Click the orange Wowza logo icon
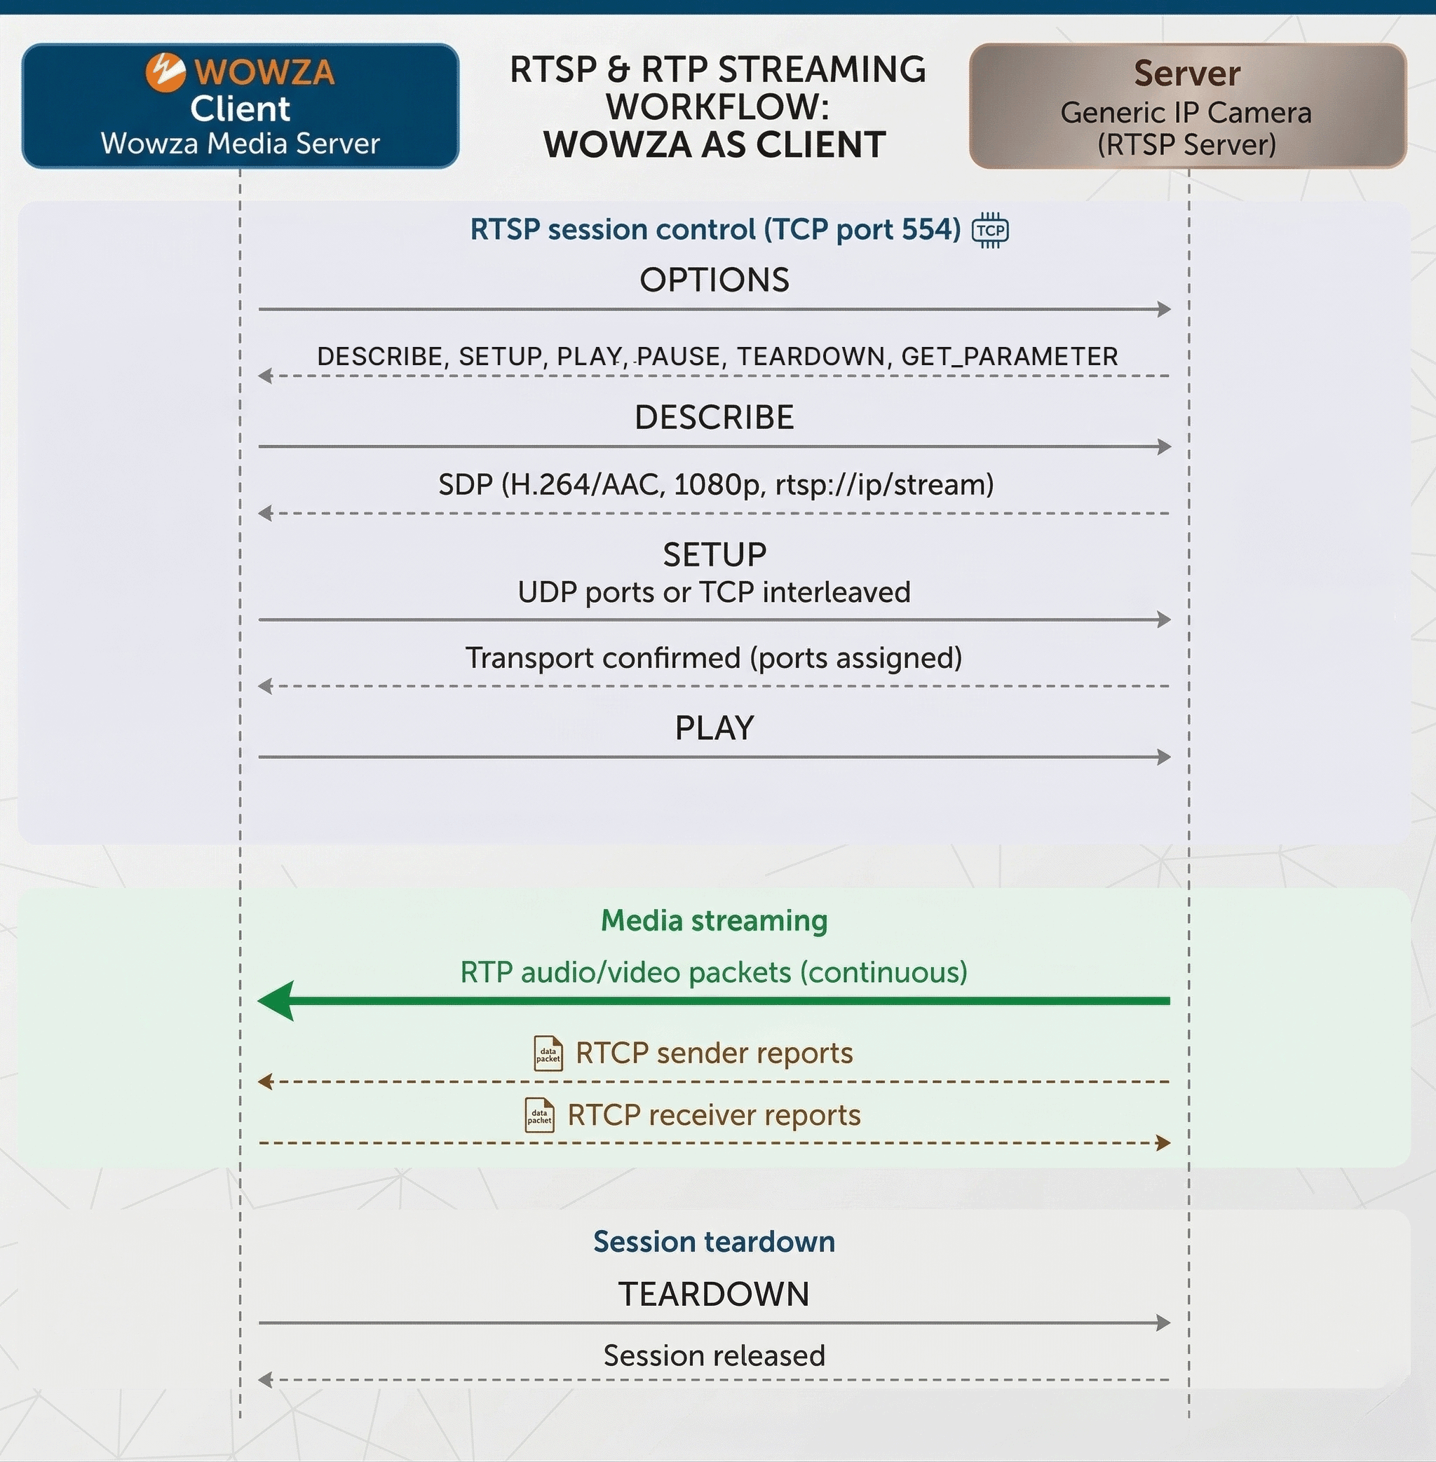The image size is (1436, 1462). coord(165,72)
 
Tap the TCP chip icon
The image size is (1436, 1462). coord(990,230)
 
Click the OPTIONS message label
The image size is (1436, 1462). coord(714,280)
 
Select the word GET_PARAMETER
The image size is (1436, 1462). coord(1009,356)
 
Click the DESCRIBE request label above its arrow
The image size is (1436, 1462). coord(714,417)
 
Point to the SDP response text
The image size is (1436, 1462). coord(716,484)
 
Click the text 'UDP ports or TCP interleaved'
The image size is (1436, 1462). coord(714,592)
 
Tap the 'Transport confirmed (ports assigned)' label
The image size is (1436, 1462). coord(714,657)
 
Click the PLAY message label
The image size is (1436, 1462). coord(714,727)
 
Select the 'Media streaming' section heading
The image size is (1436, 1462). coord(714,921)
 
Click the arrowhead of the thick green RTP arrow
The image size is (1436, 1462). coord(275,1001)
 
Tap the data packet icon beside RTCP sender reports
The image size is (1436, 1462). coord(548,1053)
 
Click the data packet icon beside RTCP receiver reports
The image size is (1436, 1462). coord(539,1115)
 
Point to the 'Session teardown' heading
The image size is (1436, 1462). coord(714,1242)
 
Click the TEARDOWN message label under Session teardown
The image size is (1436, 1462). coord(714,1294)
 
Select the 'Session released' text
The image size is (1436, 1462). coord(714,1355)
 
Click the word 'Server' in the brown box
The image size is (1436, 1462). coord(1187,73)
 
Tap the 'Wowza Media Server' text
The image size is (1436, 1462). coord(240,143)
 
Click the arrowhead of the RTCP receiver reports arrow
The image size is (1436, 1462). coord(1163,1143)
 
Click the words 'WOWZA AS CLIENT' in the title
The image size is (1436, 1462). coord(714,145)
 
